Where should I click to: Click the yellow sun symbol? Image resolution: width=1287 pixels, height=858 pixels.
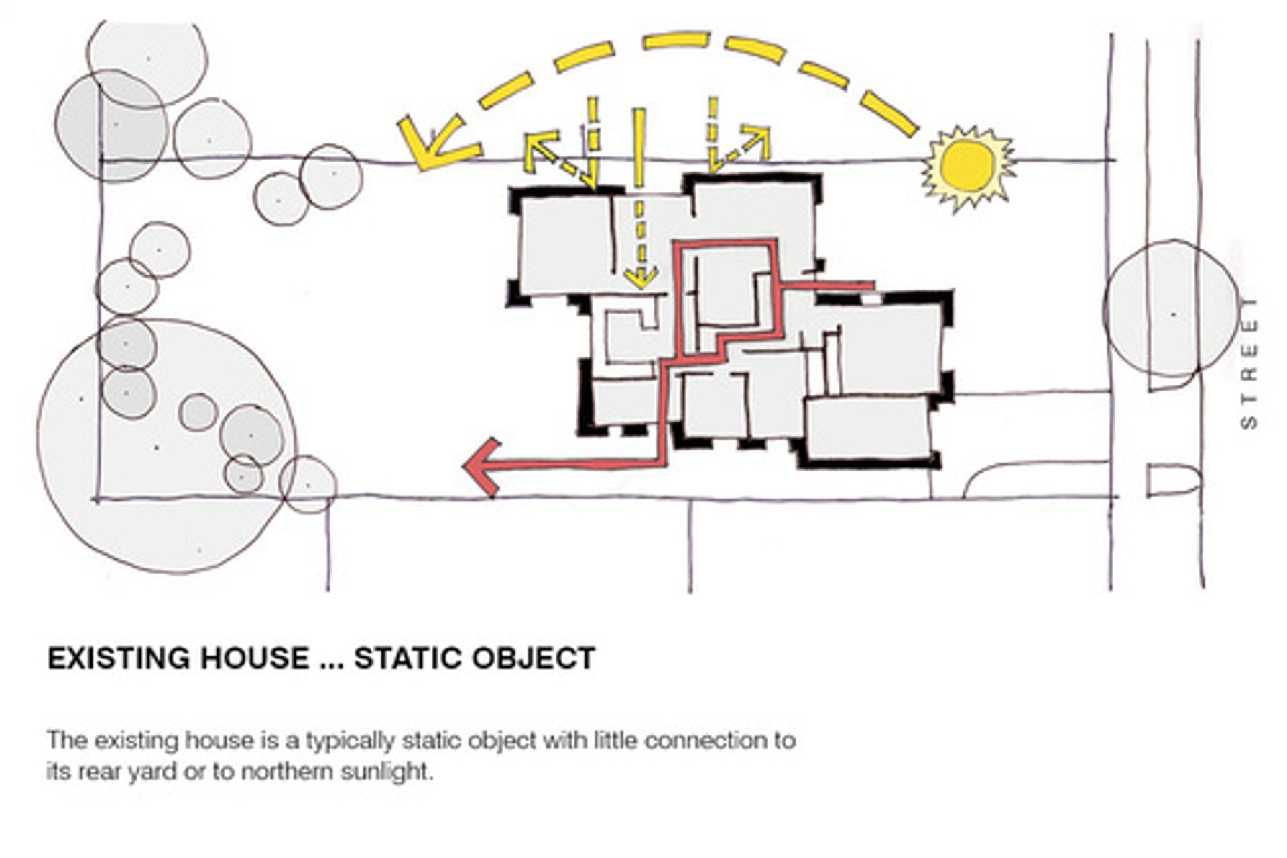[968, 168]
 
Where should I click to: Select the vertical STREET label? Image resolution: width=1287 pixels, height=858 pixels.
[1249, 363]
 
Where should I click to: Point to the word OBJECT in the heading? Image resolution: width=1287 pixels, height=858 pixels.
[534, 658]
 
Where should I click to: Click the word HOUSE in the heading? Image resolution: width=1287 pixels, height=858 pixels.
[255, 658]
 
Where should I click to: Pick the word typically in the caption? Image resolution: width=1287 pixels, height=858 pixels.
[348, 742]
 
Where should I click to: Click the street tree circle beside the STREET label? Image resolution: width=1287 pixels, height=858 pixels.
[1171, 308]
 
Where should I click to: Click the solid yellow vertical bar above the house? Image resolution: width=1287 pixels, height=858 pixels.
[639, 147]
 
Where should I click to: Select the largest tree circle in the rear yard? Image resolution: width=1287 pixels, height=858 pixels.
[166, 446]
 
